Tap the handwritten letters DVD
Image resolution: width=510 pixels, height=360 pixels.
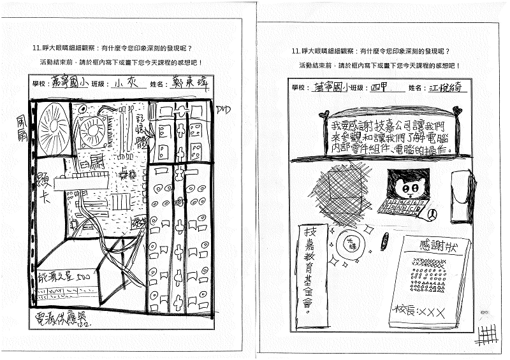(223, 110)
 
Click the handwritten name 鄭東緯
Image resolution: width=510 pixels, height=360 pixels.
(186, 83)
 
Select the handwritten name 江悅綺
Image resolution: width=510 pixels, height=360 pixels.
(445, 87)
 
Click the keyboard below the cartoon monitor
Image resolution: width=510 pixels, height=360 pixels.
(402, 207)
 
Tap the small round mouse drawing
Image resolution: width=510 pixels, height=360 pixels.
(432, 215)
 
